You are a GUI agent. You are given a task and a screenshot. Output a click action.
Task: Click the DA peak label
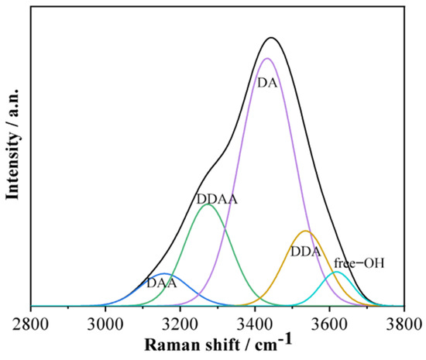pyautogui.click(x=267, y=83)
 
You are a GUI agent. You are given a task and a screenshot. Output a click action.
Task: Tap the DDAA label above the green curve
pyautogui.click(x=216, y=199)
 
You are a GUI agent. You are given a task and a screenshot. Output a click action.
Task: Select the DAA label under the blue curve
pyautogui.click(x=162, y=283)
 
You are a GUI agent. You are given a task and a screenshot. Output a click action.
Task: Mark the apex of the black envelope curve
pyautogui.click(x=270, y=38)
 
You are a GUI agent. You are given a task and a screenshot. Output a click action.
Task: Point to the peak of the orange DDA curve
pyautogui.click(x=305, y=231)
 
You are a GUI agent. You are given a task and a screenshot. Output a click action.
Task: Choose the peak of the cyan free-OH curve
pyautogui.click(x=336, y=272)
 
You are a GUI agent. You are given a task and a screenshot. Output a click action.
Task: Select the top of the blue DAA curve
pyautogui.click(x=163, y=274)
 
